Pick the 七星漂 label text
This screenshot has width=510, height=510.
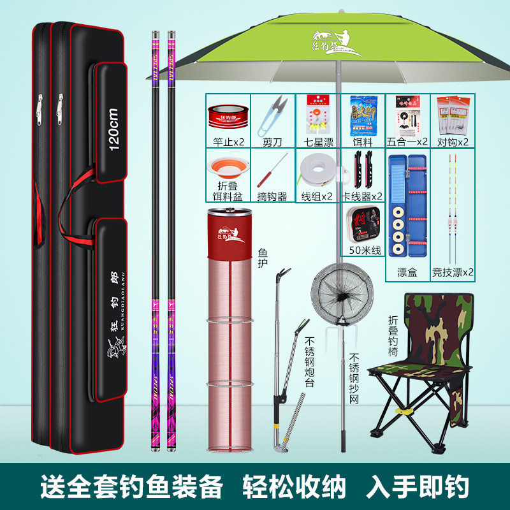click(x=317, y=142)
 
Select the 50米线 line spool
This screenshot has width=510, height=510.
click(x=362, y=223)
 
